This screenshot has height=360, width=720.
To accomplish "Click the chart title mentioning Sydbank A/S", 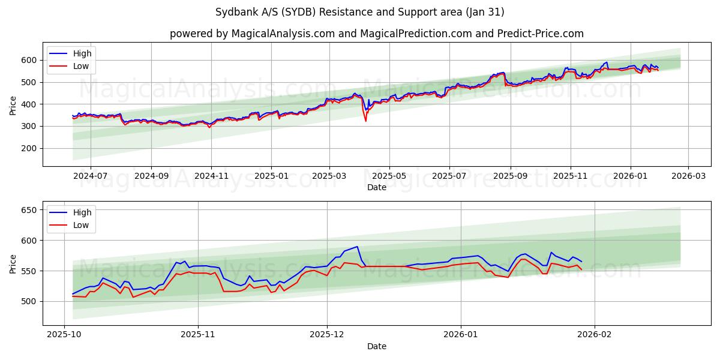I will coord(359,12).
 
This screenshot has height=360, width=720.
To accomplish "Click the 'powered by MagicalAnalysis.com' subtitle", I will coord(376,34).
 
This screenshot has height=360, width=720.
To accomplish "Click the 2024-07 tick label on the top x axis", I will coord(91,176).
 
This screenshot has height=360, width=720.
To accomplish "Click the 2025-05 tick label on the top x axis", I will coord(389,176).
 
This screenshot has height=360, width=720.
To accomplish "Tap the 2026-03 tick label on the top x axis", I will coord(688,176).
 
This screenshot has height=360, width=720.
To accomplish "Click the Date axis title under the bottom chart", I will coord(376,346).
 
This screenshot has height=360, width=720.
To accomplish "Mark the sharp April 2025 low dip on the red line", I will coord(365,121).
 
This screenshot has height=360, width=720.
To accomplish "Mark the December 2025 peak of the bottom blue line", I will coord(357,247).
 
